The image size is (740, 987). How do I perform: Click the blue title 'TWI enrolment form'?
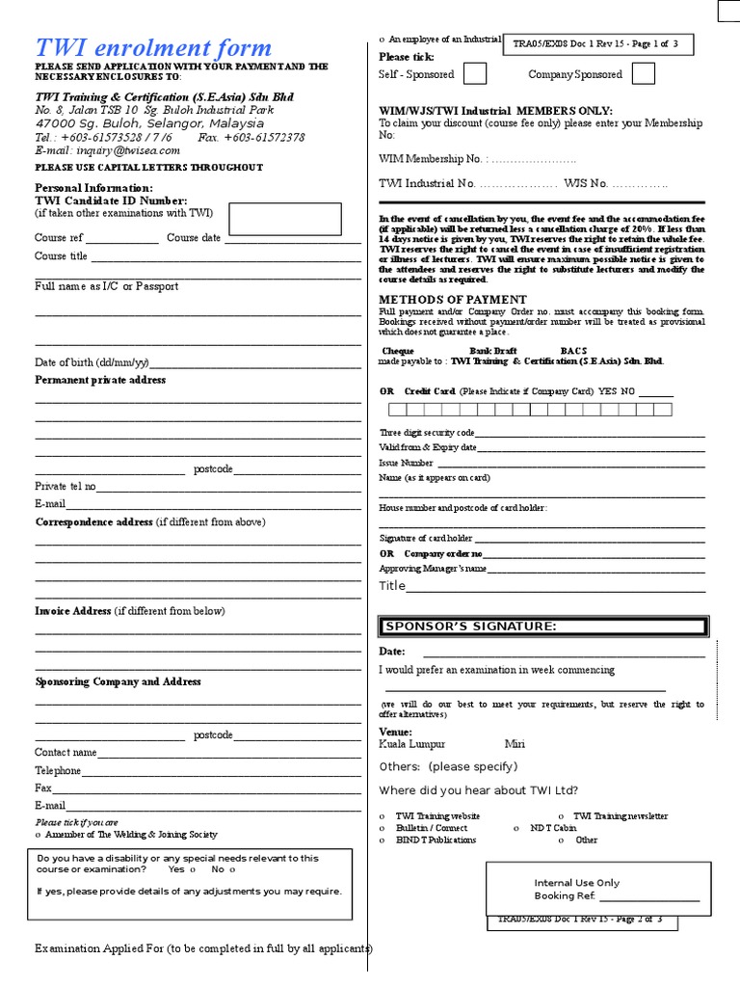pyautogui.click(x=153, y=47)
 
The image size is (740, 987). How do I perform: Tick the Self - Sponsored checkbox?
pyautogui.click(x=474, y=74)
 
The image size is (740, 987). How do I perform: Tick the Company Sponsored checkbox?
pyautogui.click(x=644, y=74)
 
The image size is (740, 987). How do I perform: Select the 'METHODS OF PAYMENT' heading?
pyautogui.click(x=453, y=300)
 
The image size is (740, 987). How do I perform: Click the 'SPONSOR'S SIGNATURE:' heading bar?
pyautogui.click(x=542, y=627)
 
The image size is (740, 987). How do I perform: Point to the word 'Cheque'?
pyautogui.click(x=399, y=351)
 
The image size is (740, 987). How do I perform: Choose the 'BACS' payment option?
pyautogui.click(x=573, y=351)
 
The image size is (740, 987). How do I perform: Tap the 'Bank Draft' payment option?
pyautogui.click(x=492, y=351)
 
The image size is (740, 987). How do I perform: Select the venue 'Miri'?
pyautogui.click(x=515, y=744)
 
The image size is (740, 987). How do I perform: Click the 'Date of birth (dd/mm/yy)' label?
pyautogui.click(x=92, y=362)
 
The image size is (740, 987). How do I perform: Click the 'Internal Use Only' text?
pyautogui.click(x=577, y=883)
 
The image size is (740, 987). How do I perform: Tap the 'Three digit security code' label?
pyautogui.click(x=427, y=434)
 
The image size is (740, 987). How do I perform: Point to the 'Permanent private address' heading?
pyautogui.click(x=100, y=380)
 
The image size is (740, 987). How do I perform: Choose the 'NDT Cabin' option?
pyautogui.click(x=552, y=828)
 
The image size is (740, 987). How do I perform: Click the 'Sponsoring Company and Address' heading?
pyautogui.click(x=118, y=681)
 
